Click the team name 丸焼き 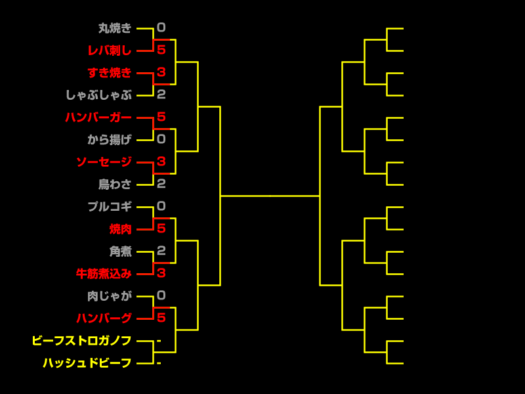pos(115,28)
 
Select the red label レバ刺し pos(110,51)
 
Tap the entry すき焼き pos(110,73)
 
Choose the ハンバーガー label pos(98,118)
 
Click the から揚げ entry pos(110,140)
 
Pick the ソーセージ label pos(104,162)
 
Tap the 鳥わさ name pos(115,185)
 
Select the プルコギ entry pos(110,207)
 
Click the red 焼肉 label pos(121,229)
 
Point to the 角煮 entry pos(121,252)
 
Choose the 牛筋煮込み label pos(104,274)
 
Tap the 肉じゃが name pos(110,296)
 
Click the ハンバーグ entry pos(104,318)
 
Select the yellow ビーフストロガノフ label pos(81,341)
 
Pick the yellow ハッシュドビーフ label pos(87,363)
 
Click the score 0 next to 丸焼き pos(161,28)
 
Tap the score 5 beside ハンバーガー pos(161,117)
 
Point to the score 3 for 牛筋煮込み pos(161,273)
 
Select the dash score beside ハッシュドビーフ pos(159,363)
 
